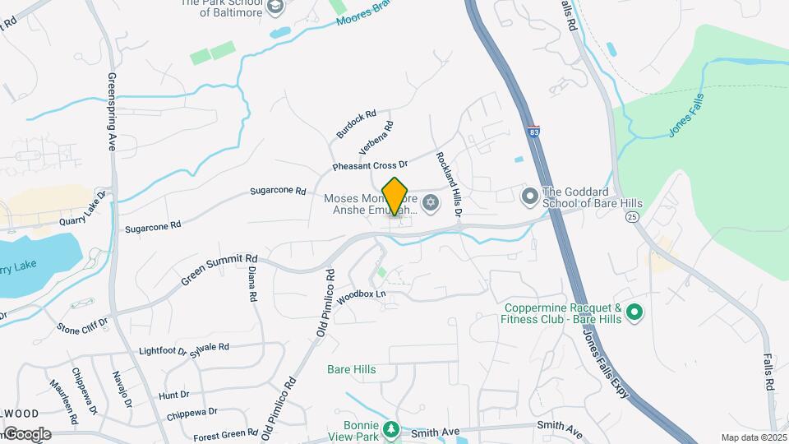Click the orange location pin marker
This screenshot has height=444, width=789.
395,196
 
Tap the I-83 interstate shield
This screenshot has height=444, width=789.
534,132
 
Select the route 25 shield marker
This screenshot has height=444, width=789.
632,216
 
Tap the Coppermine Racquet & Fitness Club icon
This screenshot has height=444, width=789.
634,312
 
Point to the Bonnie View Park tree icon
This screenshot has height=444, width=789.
393,429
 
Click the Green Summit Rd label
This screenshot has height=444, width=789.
219,270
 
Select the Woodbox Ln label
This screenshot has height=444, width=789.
361,297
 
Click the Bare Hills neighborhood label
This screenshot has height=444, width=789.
352,370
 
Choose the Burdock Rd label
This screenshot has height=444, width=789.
356,124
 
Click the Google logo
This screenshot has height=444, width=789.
26,434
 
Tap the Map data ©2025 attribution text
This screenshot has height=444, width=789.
753,437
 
